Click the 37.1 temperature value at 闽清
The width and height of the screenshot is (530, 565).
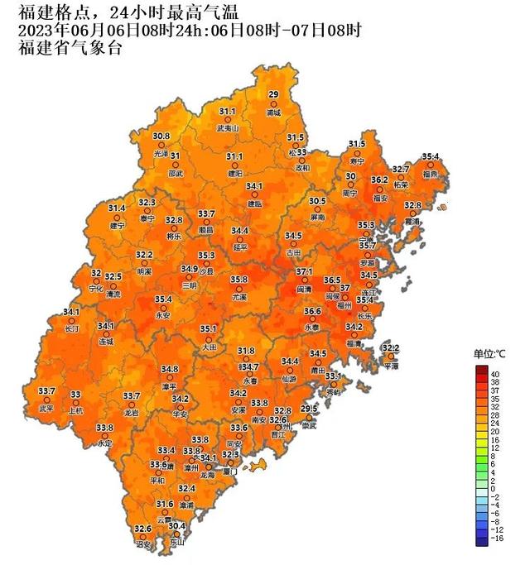point(304,271)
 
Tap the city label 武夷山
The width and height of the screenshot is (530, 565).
point(228,128)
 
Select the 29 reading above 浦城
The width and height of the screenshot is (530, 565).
point(273,94)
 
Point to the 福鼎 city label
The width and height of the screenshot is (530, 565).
point(431,175)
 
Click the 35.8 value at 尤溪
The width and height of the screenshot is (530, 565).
point(239,280)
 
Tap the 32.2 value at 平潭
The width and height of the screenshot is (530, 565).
point(390,348)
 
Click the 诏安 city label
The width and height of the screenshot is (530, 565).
point(143,545)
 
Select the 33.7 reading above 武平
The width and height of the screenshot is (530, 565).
point(46,390)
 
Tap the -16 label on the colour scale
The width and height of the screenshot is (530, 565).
point(497,539)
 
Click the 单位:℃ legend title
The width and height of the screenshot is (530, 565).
point(489,354)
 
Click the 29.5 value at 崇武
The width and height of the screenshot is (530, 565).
point(309,409)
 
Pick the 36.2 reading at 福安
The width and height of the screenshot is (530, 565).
point(379,180)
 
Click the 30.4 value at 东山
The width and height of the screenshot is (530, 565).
point(177,526)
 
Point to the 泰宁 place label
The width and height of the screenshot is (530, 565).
point(147,218)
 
